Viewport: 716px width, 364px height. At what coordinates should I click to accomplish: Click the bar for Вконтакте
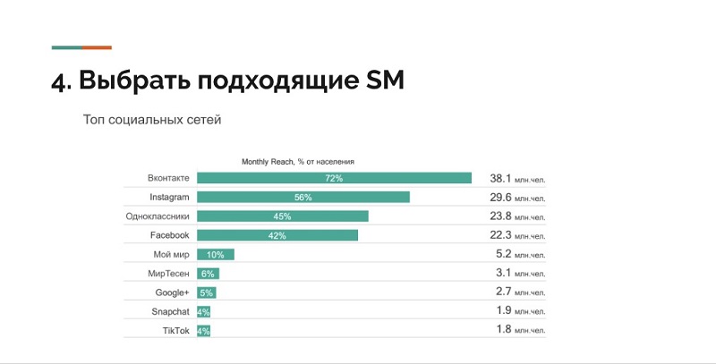(334, 178)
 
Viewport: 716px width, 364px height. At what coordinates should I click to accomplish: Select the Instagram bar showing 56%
(303, 197)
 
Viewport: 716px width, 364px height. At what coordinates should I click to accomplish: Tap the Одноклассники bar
(282, 216)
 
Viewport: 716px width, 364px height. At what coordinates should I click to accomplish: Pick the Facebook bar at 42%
(277, 235)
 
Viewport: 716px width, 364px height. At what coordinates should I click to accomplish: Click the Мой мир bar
(215, 255)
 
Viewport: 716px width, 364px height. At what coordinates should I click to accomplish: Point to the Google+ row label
(172, 292)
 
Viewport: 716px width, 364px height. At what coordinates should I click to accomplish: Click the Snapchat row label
(170, 311)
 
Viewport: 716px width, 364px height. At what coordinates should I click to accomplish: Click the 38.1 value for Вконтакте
(500, 178)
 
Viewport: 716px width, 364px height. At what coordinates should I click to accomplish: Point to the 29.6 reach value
(500, 197)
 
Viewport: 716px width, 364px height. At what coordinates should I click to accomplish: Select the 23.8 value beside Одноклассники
(500, 216)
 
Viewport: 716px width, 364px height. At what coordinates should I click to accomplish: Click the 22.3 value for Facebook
(500, 235)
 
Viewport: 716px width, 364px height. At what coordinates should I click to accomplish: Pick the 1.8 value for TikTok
(504, 330)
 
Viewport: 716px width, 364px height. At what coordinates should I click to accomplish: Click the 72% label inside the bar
(334, 179)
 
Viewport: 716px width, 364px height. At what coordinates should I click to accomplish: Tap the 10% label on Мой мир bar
(215, 255)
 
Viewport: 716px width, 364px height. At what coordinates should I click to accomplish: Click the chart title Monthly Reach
(297, 161)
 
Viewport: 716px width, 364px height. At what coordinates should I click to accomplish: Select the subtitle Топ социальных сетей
(151, 119)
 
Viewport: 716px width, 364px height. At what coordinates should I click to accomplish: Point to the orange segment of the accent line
(97, 47)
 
